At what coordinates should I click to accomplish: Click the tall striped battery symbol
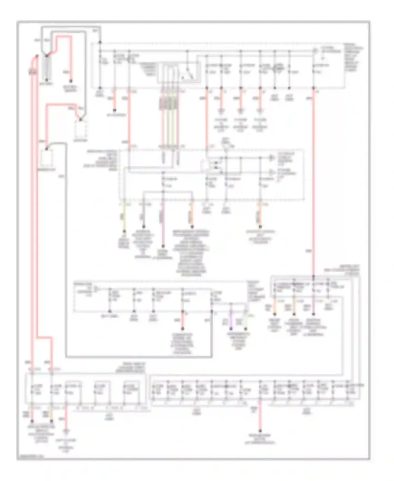47,67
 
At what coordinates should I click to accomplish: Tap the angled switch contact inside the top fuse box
188,72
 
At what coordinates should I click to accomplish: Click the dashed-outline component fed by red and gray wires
81,129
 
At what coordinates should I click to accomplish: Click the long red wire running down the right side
313,184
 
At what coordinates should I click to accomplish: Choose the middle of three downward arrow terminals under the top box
240,111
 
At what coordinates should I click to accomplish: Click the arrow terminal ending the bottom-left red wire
66,432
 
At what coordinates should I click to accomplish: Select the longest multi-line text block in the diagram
191,253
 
